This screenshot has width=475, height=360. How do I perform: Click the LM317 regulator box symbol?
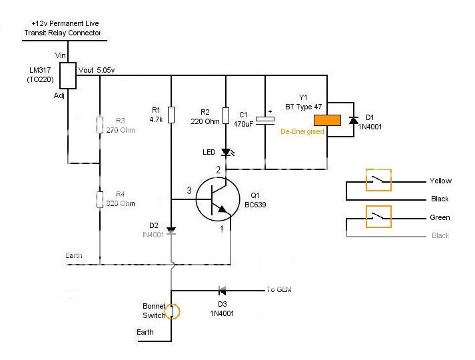pos(68,76)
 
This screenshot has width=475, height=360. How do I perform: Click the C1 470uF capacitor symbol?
pos(266,121)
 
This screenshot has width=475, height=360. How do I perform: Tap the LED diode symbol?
pos(226,152)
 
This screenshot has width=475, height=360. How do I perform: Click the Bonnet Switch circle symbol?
pos(171,311)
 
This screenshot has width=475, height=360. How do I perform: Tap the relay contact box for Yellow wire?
pos(378,180)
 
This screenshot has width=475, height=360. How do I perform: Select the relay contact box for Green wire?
pos(378,217)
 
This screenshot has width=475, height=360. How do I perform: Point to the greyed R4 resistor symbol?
pos(100,199)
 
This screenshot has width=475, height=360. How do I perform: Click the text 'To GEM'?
pos(279,289)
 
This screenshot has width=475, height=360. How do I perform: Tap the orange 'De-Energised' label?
pos(302,132)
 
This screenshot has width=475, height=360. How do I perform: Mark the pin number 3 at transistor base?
pos(189,191)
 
